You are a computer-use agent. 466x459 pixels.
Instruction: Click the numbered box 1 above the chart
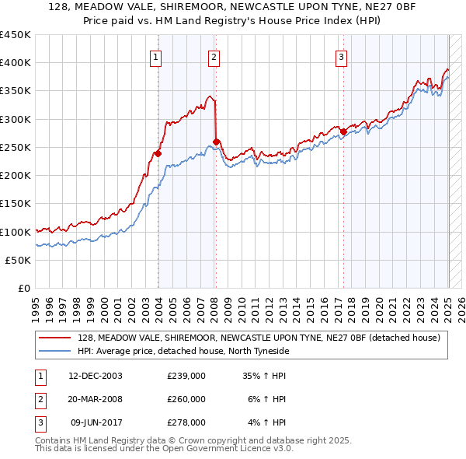pyautogui.click(x=156, y=56)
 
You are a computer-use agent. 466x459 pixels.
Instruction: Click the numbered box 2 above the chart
pyautogui.click(x=213, y=56)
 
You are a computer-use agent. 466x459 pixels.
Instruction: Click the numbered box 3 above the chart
pyautogui.click(x=341, y=56)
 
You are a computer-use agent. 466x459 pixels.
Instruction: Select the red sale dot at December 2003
pyautogui.click(x=158, y=153)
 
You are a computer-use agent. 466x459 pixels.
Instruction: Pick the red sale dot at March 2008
pyautogui.click(x=216, y=142)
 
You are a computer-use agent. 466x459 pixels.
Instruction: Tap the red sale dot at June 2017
pyautogui.click(x=343, y=131)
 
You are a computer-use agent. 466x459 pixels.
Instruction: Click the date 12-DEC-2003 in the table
pyautogui.click(x=96, y=376)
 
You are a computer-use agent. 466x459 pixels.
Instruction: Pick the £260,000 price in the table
pyautogui.click(x=186, y=399)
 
